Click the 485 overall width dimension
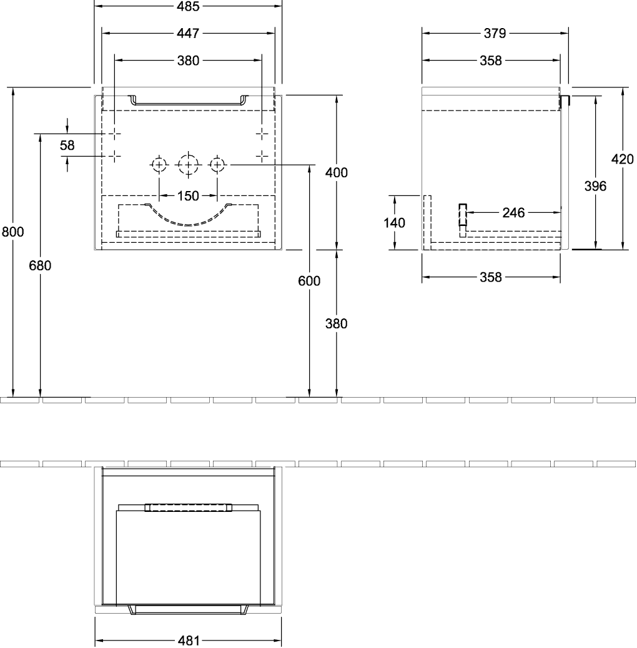(x=188, y=7)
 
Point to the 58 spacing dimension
(x=67, y=145)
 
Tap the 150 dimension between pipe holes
(x=188, y=196)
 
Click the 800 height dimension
(x=13, y=232)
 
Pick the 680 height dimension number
(x=41, y=265)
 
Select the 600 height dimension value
(x=309, y=281)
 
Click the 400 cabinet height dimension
(x=337, y=173)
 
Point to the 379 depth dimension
(x=495, y=33)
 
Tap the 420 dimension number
(x=622, y=159)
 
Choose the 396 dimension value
(x=595, y=185)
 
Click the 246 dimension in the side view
(x=513, y=213)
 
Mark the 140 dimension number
(x=394, y=222)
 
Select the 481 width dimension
(x=188, y=641)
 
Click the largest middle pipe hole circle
(x=187, y=165)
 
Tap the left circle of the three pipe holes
(x=159, y=165)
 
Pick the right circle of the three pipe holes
(x=217, y=165)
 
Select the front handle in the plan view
(x=188, y=609)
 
